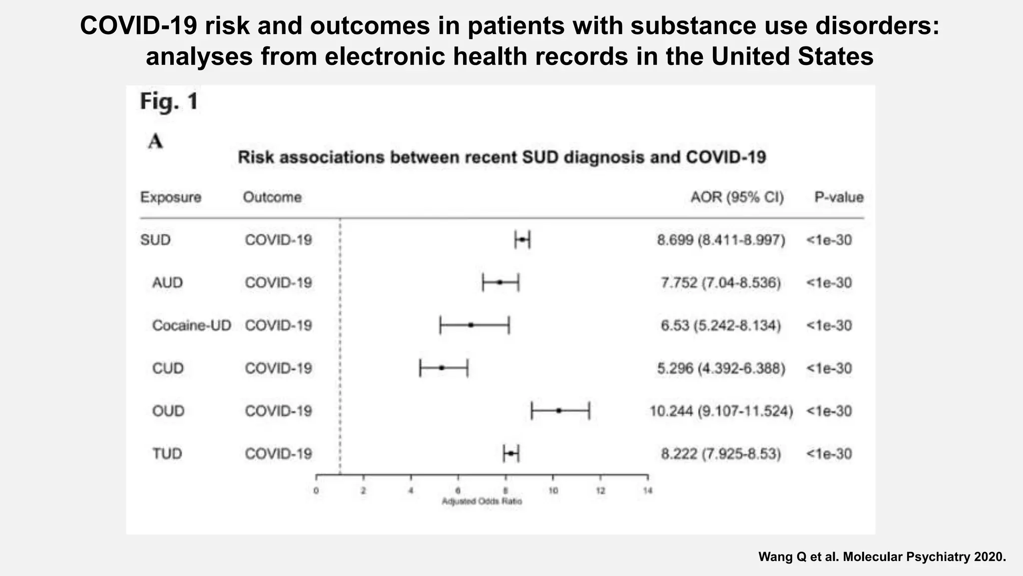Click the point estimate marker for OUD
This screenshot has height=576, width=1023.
click(559, 410)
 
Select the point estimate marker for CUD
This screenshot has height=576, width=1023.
click(442, 367)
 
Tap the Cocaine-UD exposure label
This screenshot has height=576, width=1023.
click(191, 325)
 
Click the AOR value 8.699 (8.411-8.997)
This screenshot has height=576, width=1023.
click(721, 240)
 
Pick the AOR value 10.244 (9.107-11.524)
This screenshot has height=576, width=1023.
click(721, 411)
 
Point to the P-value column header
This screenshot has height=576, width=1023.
click(839, 197)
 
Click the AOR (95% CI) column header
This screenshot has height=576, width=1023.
click(737, 197)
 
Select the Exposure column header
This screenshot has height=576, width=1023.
click(170, 197)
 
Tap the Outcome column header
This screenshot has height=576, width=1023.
click(272, 197)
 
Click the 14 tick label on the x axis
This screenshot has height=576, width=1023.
click(647, 491)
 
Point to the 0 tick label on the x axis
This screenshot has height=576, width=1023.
click(316, 491)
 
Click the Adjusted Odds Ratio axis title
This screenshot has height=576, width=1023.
click(482, 501)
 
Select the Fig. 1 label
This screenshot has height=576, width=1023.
click(169, 101)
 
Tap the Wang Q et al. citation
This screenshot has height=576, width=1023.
click(882, 556)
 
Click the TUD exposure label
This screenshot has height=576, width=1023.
click(167, 453)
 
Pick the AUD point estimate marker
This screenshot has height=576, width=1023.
click(500, 282)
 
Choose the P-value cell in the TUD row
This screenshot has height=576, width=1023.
click(829, 453)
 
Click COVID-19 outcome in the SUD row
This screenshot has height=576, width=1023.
click(278, 240)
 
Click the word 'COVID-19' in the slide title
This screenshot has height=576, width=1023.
click(139, 25)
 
